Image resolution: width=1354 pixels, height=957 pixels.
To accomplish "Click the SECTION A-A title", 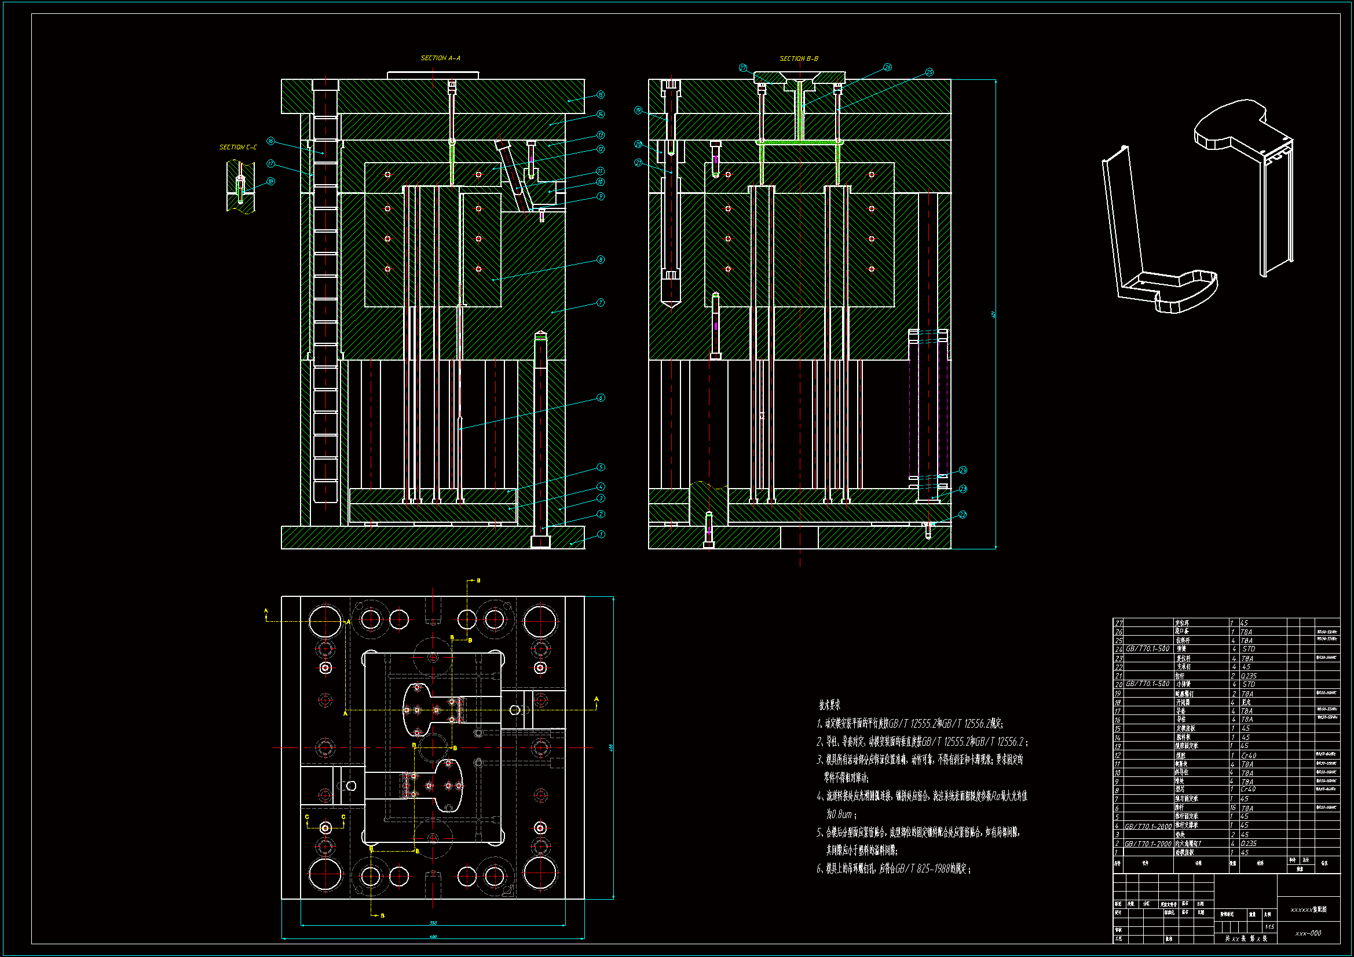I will (x=440, y=58).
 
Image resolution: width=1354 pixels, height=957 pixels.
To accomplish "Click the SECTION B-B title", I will (x=799, y=58).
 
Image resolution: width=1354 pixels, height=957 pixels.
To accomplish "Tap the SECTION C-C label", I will (x=237, y=147).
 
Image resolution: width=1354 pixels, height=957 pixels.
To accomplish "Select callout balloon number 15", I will (x=601, y=94).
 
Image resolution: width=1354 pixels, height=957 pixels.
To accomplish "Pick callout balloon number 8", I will (x=601, y=259).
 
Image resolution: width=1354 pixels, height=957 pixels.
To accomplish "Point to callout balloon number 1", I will (x=601, y=534).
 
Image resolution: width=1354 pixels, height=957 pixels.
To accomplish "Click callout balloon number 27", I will (x=743, y=68).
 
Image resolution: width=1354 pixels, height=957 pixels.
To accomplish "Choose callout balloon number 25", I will (x=929, y=72).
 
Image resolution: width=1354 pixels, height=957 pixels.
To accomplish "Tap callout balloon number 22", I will (x=963, y=515).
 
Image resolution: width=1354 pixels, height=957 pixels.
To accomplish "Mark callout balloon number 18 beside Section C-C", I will (x=270, y=181).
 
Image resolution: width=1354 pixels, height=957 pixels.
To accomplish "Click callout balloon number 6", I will (x=601, y=397).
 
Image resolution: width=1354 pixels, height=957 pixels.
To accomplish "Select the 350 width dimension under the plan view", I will (x=433, y=923).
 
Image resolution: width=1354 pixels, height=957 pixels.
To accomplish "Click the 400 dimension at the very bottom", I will (x=433, y=936).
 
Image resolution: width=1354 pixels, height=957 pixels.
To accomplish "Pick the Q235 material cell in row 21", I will (x=1249, y=676).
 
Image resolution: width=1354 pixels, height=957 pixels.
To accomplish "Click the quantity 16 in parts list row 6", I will (x=1232, y=808).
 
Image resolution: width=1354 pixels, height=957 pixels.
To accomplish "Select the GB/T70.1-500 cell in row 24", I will (x=1148, y=648).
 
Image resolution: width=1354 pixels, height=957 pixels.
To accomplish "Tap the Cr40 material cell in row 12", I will (x=1249, y=756).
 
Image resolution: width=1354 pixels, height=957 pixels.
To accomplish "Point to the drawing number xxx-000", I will (x=1308, y=933).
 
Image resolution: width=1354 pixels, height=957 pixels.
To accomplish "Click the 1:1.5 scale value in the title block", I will (x=1269, y=927).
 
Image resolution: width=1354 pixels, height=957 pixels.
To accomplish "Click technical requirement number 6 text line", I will (x=894, y=868).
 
